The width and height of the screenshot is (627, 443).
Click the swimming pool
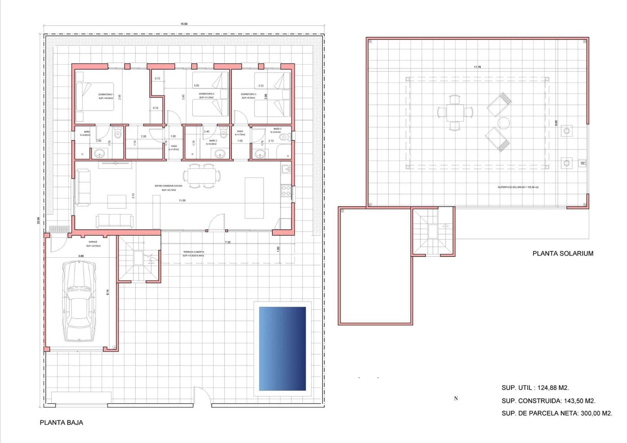click(x=282, y=349)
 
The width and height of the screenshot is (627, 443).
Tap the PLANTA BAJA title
click(x=62, y=423)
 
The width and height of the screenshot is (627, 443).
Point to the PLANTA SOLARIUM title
click(x=563, y=253)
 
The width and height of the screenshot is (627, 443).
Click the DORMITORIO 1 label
click(x=106, y=94)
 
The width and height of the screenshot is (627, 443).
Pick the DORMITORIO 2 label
click(x=207, y=94)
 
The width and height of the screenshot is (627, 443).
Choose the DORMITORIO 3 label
click(x=248, y=94)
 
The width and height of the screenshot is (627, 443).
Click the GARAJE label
click(x=93, y=242)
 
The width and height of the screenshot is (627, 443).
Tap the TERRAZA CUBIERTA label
click(x=194, y=252)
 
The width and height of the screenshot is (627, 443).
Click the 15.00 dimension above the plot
click(x=184, y=24)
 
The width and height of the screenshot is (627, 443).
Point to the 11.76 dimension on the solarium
click(x=477, y=67)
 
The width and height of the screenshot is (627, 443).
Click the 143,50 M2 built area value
click(x=580, y=401)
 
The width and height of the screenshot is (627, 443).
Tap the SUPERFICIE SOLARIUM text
click(x=518, y=187)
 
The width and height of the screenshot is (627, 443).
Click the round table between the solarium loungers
click(x=504, y=123)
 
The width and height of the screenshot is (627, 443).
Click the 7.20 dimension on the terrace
click(x=228, y=242)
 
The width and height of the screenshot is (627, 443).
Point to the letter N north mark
click(x=456, y=398)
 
